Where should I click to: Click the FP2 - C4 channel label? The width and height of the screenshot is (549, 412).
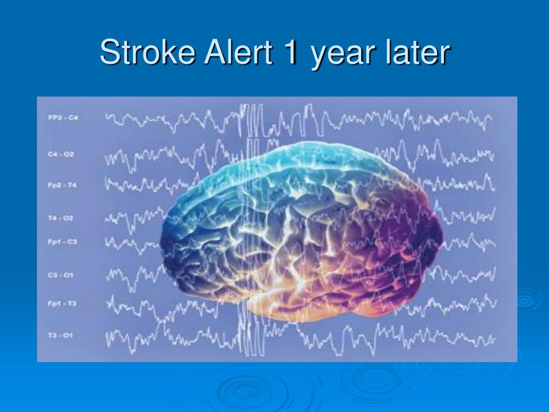[62, 117]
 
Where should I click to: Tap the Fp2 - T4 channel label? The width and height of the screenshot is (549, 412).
[61, 185]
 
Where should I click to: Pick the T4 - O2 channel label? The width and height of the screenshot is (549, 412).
[60, 218]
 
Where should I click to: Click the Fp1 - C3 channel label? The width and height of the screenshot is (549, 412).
[62, 242]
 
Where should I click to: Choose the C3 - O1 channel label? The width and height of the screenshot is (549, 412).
[60, 275]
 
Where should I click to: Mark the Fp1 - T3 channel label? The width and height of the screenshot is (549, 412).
[62, 304]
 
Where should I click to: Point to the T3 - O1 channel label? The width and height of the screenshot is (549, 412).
[60, 336]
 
